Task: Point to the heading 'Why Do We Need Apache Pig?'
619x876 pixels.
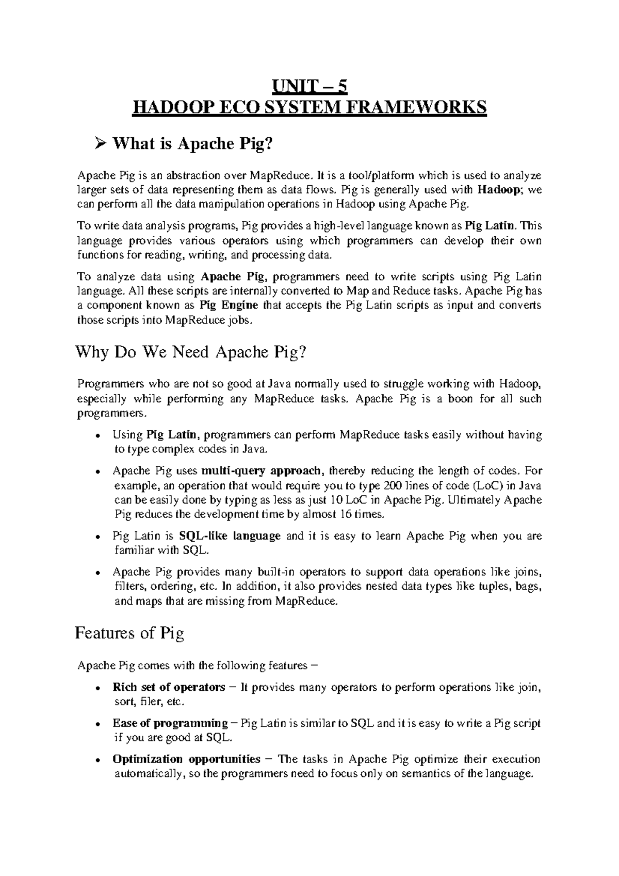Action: (191, 353)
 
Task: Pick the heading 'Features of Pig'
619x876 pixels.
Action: (129, 633)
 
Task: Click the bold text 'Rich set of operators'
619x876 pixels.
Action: (169, 688)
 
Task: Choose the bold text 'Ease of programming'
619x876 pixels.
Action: (170, 724)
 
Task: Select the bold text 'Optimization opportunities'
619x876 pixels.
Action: (186, 759)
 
